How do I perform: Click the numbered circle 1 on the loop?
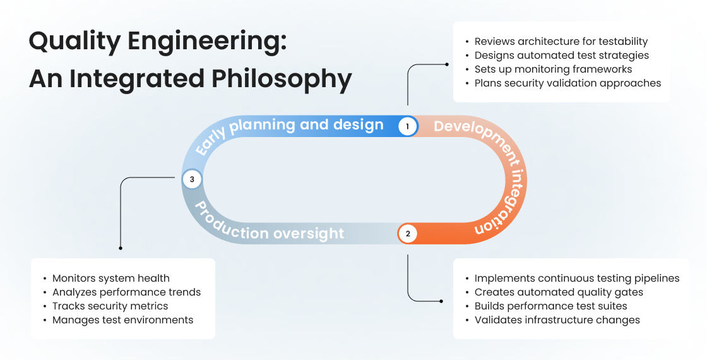coord(408,126)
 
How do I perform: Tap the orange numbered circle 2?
coord(408,234)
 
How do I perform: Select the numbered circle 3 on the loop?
coord(192,179)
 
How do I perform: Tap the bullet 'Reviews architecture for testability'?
coord(561,42)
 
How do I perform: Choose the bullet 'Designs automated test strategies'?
coord(561,56)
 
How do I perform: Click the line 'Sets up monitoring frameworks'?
coord(553,69)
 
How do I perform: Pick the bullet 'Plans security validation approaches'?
coord(567,83)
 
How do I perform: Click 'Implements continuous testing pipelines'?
coord(576,279)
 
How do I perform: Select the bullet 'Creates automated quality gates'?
coord(559,292)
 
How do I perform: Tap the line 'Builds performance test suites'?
coord(550,306)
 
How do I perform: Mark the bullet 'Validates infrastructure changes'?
coord(557,320)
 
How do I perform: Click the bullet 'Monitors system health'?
coord(110,279)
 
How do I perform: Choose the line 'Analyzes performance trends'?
coord(126,292)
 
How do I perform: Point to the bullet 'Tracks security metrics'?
coord(110,306)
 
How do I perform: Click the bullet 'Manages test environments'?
coord(122,320)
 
